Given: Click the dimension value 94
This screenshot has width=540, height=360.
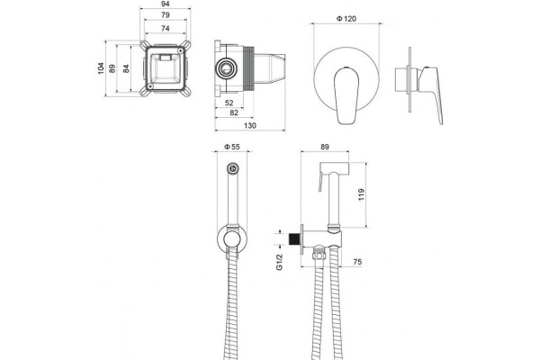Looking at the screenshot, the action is tap(166, 4).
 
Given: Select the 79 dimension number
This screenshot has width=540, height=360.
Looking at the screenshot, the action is tap(166, 14).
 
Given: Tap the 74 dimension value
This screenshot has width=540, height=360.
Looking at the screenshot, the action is tap(166, 28).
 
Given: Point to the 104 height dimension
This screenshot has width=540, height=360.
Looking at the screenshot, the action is tap(101, 68).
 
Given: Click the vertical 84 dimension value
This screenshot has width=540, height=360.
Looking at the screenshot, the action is tap(126, 68).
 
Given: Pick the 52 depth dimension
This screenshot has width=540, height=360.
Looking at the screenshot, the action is tap(229, 103).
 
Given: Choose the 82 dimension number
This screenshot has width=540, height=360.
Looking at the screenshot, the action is tap(234, 112).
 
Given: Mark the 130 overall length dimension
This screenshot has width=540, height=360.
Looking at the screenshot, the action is tap(250, 125).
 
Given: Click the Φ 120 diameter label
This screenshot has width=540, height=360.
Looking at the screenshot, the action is tap(346, 19).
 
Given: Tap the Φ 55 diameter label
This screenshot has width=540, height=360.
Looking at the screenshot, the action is tap(232, 147).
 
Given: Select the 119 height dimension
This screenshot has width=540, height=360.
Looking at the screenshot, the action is tap(361, 194).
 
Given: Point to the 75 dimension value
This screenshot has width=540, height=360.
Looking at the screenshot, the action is tap(357, 262).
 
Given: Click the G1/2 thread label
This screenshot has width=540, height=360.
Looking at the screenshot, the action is tap(280, 262).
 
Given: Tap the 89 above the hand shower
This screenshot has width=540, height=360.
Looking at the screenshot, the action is tap(325, 147).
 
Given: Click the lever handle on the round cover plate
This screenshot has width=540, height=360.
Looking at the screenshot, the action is tap(346, 95).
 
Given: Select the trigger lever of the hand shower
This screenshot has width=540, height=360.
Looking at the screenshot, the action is tap(320, 181).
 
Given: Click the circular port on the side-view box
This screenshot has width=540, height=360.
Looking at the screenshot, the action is tap(226, 67).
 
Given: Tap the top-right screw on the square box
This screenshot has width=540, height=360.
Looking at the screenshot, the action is tap(181, 50).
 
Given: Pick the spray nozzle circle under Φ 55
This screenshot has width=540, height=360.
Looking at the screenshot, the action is tap(233, 168).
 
